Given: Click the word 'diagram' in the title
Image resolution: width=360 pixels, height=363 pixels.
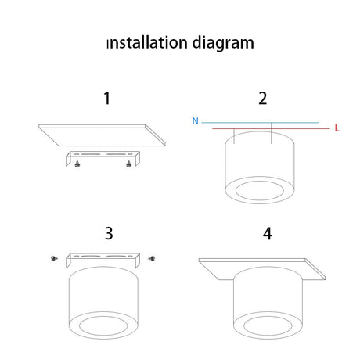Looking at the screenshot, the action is tap(223, 43).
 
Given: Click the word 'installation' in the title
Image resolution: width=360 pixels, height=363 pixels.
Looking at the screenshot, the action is tap(147, 42).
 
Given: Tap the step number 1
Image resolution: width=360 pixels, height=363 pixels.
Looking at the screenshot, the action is tap(107, 99).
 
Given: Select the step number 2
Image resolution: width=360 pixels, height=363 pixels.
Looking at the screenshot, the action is tap(263, 99).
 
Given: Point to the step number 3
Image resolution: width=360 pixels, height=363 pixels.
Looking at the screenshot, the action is tap(109, 233).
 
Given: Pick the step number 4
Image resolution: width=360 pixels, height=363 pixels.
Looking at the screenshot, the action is tap(268, 234).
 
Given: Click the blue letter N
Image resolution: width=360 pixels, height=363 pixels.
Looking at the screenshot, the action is tap(195, 121).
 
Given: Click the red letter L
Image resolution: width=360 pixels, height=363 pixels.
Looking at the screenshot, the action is tap(337, 128).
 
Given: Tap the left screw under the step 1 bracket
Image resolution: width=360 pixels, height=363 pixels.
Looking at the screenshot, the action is tap(77, 164).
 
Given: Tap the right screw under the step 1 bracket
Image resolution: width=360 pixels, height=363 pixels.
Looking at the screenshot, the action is tap(128, 164).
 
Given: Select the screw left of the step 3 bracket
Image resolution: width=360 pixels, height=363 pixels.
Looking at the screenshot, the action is tap(54, 258).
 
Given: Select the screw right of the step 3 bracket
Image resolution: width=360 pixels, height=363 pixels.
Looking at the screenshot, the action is tap(152, 258).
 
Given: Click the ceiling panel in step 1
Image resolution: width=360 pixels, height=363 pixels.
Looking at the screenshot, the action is tap(102, 135).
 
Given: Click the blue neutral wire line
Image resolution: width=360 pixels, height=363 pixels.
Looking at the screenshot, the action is tap(261, 122).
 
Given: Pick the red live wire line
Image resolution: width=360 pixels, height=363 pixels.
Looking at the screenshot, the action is tap(271, 128).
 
